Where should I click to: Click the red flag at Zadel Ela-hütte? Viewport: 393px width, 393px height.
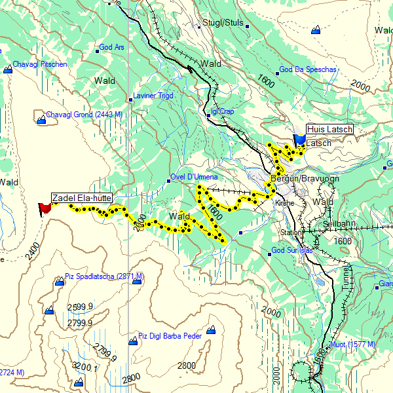tap(45, 208)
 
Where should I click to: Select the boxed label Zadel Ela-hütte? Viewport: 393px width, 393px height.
tap(82, 196)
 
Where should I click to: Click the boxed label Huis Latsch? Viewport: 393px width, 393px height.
tap(329, 130)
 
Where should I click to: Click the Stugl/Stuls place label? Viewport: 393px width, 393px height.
tap(223, 23)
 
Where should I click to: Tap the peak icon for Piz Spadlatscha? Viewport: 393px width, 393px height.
tap(60, 282)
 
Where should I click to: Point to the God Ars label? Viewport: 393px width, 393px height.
tap(111, 48)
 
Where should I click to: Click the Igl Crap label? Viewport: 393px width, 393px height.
tap(222, 111)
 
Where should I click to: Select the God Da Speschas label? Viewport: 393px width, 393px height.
tap(307, 69)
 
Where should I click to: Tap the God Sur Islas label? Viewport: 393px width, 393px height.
tap(292, 250)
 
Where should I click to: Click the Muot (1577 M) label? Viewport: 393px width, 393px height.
tap(352, 345)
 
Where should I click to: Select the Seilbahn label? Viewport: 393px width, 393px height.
tap(338, 224)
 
